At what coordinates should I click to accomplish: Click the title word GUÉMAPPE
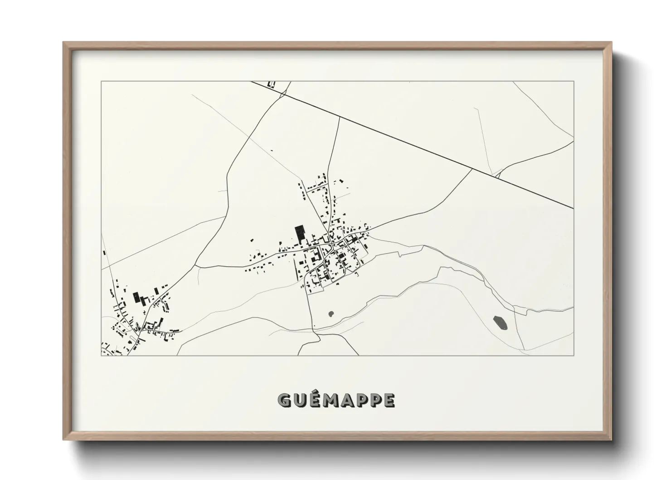pyautogui.click(x=336, y=400)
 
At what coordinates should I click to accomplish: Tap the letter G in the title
pyautogui.click(x=284, y=400)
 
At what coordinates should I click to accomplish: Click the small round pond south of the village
pyautogui.click(x=331, y=313)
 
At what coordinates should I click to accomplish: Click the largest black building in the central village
pyautogui.click(x=299, y=233)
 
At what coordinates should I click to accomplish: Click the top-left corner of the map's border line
pyautogui.click(x=101, y=81)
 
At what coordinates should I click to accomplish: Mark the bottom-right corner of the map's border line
pyautogui.click(x=574, y=355)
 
